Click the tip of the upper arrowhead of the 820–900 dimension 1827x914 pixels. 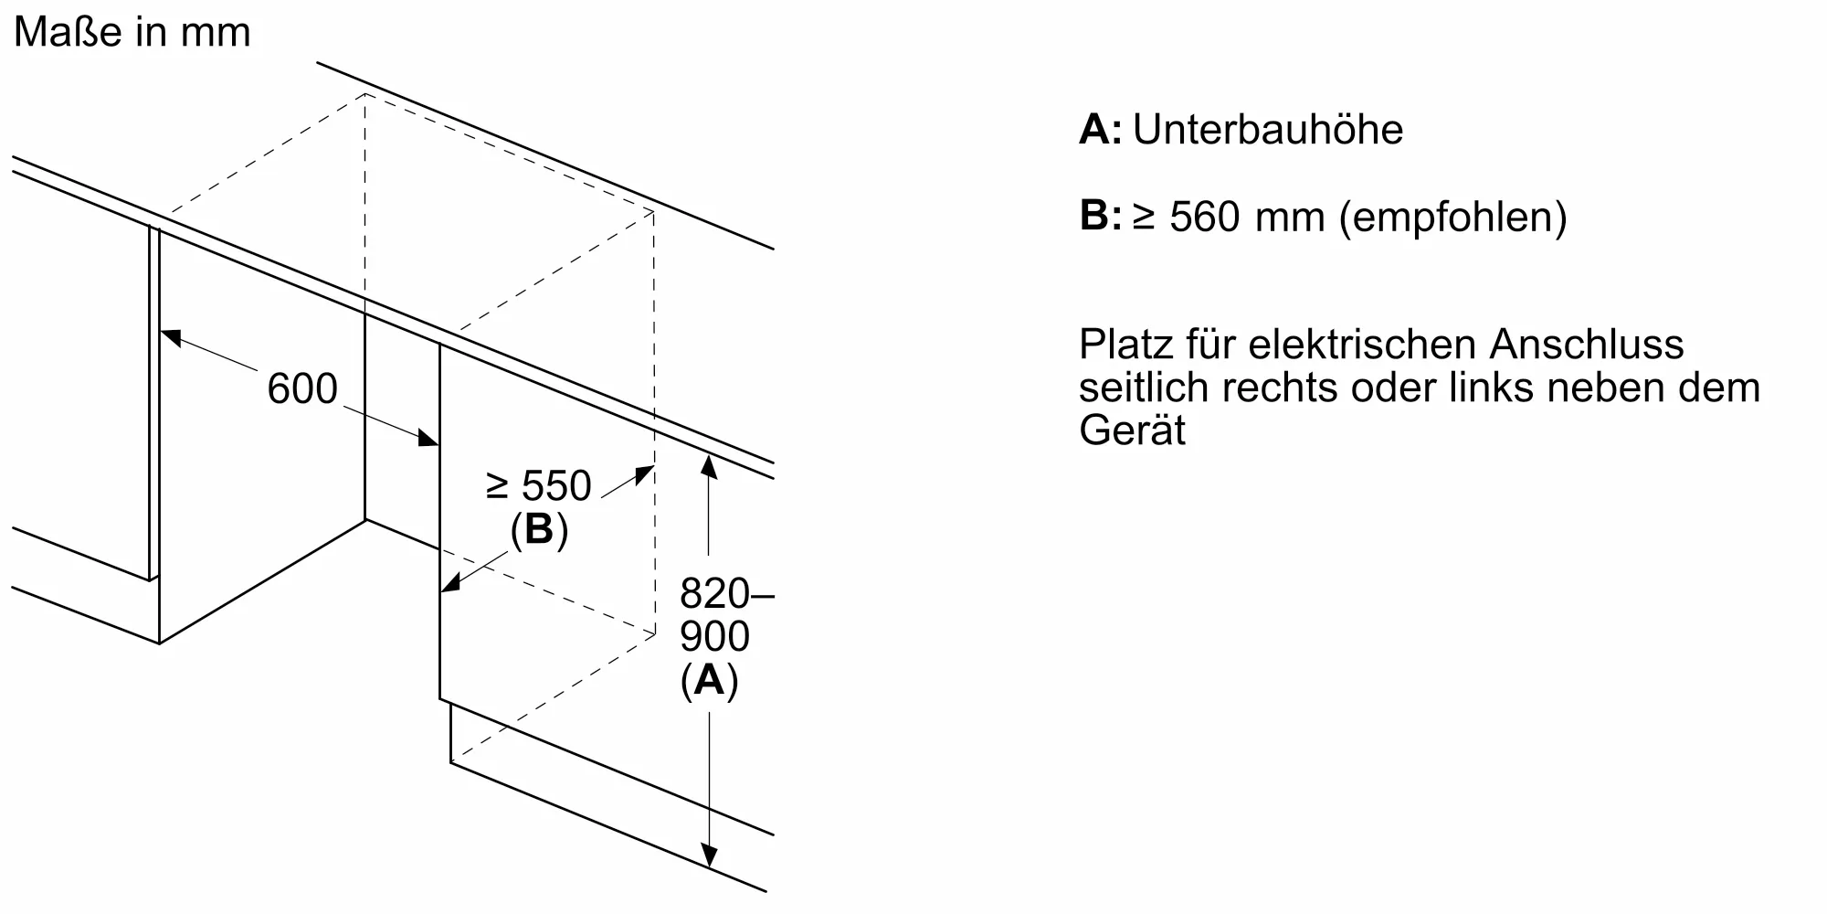coord(709,454)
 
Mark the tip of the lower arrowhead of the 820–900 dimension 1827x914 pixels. coord(709,866)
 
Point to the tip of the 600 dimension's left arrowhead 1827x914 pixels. coord(161,330)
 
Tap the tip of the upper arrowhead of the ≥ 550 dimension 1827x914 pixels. coord(654,466)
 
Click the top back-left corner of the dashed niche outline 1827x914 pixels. coord(365,93)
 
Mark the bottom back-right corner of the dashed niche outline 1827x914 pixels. coord(655,633)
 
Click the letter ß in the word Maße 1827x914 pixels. coord(93,33)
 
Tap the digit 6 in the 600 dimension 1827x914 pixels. coord(279,388)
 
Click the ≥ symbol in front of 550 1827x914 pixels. coord(497,486)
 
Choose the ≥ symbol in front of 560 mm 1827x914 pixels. coord(1144,218)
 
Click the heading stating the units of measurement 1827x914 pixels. coord(132,33)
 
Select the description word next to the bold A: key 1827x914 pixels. coord(1268,130)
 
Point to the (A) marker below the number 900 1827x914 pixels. coord(709,680)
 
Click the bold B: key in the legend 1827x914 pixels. coord(1100,217)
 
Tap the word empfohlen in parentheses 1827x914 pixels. coord(1452,218)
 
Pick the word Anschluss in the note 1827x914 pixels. coord(1587,345)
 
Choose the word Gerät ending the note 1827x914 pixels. coord(1132,430)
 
